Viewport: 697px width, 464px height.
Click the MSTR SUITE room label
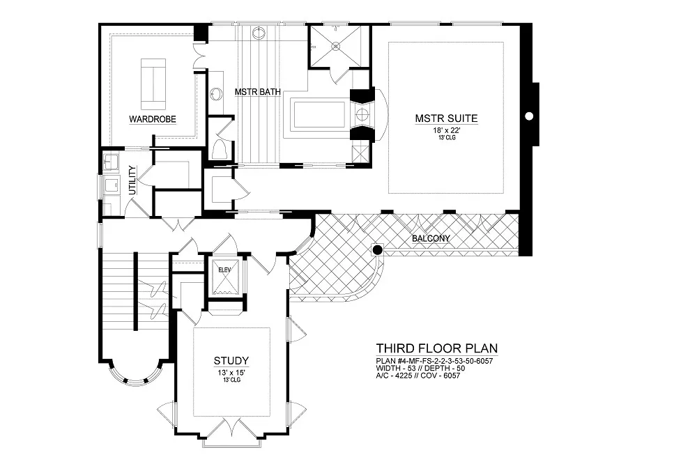tap(446, 118)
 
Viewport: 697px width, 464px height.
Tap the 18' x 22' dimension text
tap(446, 131)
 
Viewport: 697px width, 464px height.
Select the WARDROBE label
tap(153, 119)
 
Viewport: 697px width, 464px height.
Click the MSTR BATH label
tap(257, 92)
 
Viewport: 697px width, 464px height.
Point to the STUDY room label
tap(231, 360)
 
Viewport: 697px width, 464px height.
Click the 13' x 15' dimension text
tap(231, 373)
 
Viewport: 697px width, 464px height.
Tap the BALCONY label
tap(431, 239)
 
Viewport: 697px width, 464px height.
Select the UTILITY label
tap(132, 180)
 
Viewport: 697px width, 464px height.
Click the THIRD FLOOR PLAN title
tap(437, 348)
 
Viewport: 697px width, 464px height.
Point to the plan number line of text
tap(434, 361)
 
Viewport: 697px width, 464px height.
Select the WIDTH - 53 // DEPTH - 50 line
tap(420, 368)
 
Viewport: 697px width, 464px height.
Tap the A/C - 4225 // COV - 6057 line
tap(418, 376)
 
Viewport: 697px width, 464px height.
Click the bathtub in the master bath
tap(318, 114)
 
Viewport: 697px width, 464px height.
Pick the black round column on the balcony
tap(377, 250)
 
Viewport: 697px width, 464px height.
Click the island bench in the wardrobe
tap(153, 84)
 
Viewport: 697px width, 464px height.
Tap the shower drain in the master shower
tap(337, 46)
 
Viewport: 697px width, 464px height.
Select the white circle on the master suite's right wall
tap(529, 116)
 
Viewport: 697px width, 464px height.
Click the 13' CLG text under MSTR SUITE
tap(446, 138)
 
